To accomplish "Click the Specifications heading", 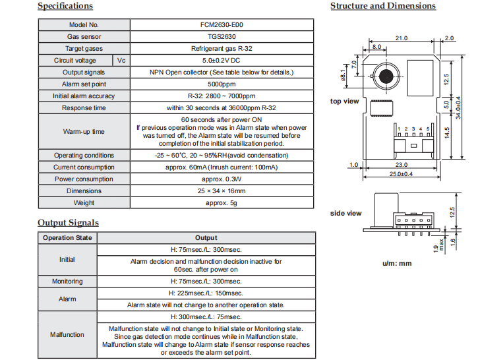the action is (x=65, y=6).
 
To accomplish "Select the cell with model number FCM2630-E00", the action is (x=222, y=24).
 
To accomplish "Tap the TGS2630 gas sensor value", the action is (x=222, y=36).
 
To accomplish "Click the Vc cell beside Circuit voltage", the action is (x=121, y=61).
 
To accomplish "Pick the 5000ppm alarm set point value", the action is (x=222, y=84).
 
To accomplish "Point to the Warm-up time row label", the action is (x=84, y=132).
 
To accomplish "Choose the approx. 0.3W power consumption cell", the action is (x=222, y=179).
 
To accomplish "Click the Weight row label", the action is (x=84, y=202).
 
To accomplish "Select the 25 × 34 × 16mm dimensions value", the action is (x=222, y=191).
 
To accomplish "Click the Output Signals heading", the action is (x=68, y=223).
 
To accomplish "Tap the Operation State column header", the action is (x=67, y=238).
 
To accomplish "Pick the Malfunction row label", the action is (x=67, y=335).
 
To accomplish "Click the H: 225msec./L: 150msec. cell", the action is (x=206, y=293).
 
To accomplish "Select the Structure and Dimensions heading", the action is (x=383, y=6).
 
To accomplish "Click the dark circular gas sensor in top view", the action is (x=386, y=76).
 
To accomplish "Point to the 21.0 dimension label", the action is (x=401, y=38).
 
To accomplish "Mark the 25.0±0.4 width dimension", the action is (x=401, y=174).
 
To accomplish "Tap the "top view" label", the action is (x=344, y=101).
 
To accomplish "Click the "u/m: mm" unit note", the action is (x=397, y=263).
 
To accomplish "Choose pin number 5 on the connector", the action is (x=428, y=129).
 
